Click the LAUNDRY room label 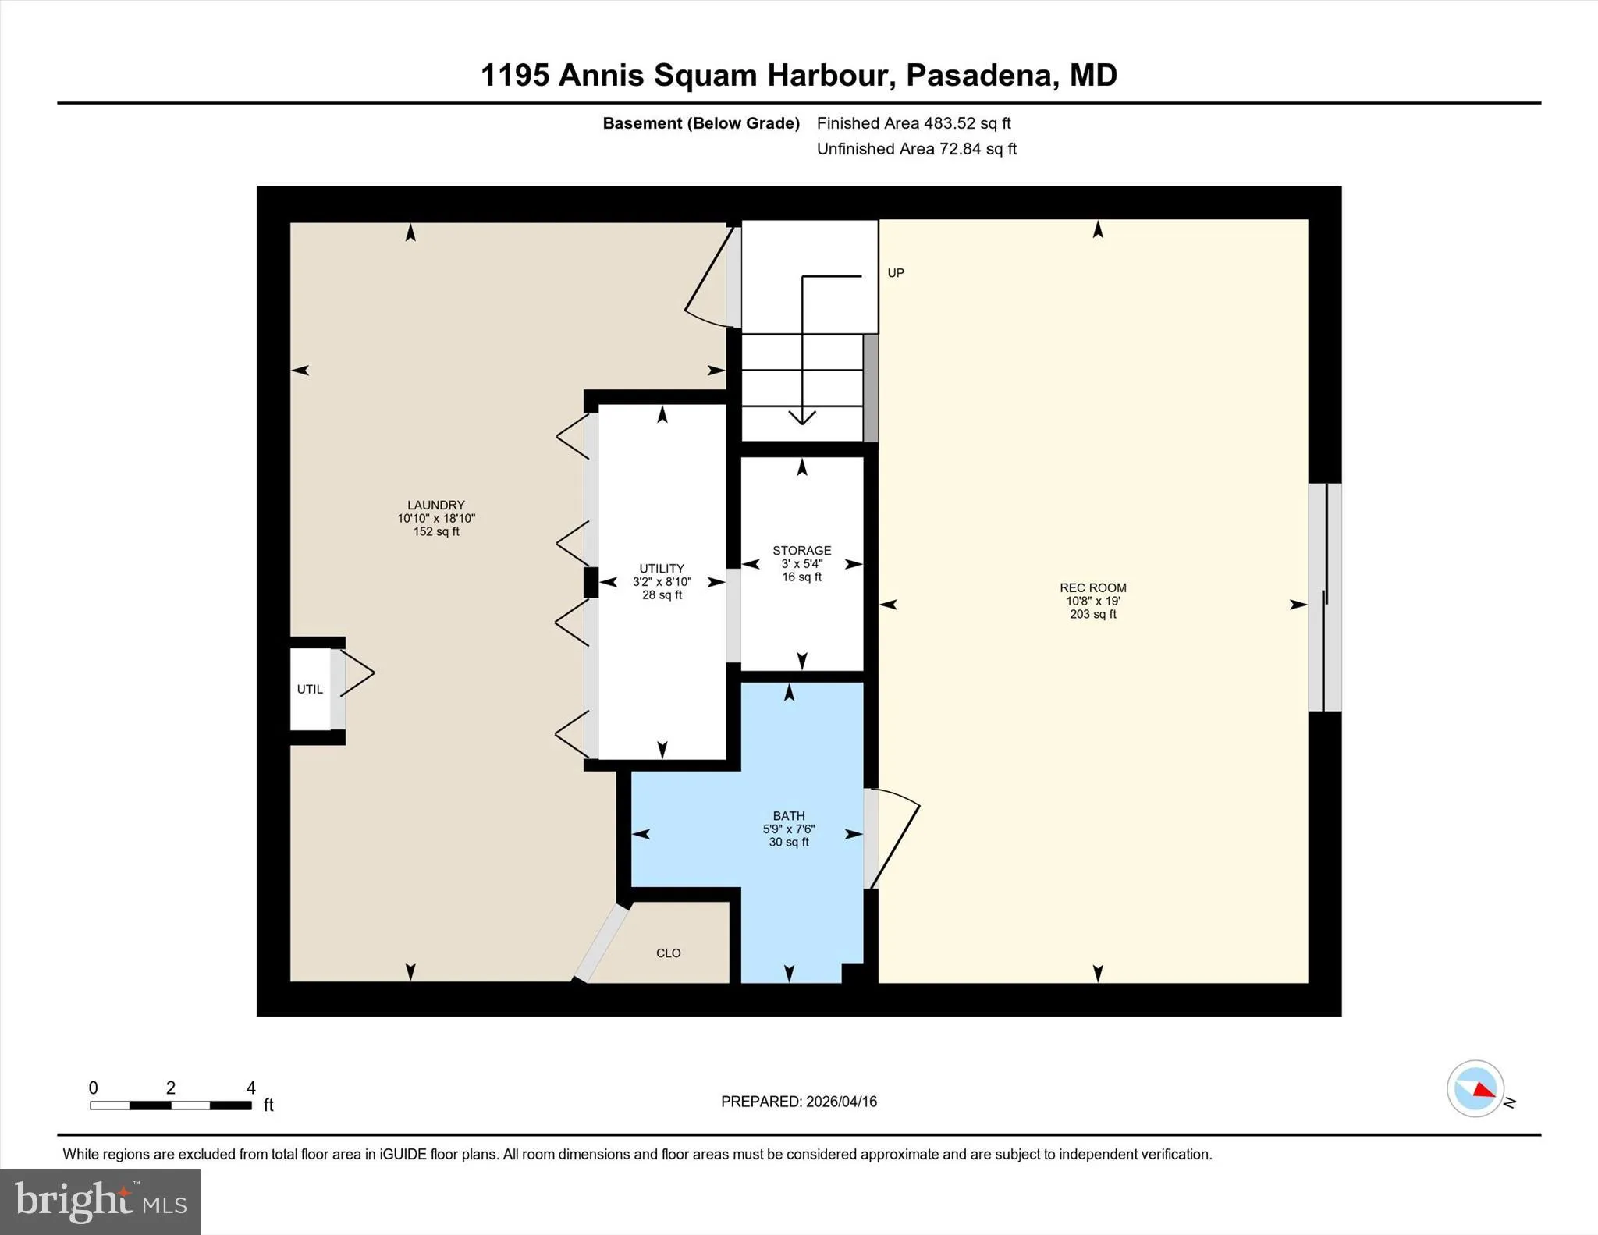pos(436,506)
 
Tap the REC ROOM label pos(1092,588)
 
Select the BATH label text pos(789,816)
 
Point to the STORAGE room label pos(801,551)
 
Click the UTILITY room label pos(662,569)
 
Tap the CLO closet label pos(669,953)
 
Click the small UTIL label pos(310,690)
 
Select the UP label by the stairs pos(896,273)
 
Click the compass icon pos(1475,1088)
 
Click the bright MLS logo pos(101,1201)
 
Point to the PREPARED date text pos(799,1102)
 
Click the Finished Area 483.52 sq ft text pos(914,123)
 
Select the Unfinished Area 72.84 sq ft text pos(917,149)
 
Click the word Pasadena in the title pos(980,76)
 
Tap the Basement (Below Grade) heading pos(701,123)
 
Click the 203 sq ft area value pos(1092,615)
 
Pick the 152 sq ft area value pos(436,532)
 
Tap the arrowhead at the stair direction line pos(802,417)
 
